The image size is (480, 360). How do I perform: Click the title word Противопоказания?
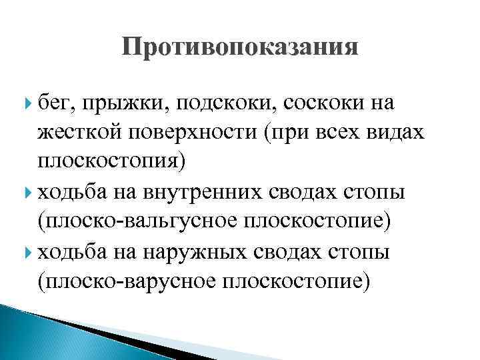coord(240,48)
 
